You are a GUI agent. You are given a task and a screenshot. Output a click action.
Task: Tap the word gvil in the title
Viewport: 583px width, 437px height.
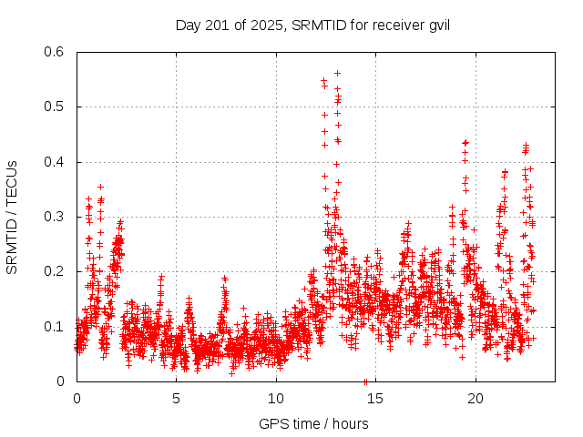coord(437,25)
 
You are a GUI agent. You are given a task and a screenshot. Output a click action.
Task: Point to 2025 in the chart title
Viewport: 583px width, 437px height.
coord(266,25)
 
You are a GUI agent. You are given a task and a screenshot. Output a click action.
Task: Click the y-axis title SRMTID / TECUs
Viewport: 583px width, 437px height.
coord(13,217)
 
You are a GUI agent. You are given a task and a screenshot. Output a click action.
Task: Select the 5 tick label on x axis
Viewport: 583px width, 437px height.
coord(177,398)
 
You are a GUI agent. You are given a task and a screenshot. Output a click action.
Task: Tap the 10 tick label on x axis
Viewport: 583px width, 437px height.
coord(276,398)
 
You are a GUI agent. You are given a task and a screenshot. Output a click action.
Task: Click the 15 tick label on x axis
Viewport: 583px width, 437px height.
coord(376,398)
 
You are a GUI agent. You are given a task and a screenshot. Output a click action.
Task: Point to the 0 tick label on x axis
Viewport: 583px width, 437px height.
coord(77,398)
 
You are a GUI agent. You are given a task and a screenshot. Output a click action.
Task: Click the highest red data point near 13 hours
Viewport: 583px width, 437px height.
coord(337,73)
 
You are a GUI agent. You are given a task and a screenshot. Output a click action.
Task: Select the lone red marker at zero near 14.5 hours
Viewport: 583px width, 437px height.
coord(365,381)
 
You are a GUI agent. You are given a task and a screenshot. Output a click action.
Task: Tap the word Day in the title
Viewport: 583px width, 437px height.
coord(188,25)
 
